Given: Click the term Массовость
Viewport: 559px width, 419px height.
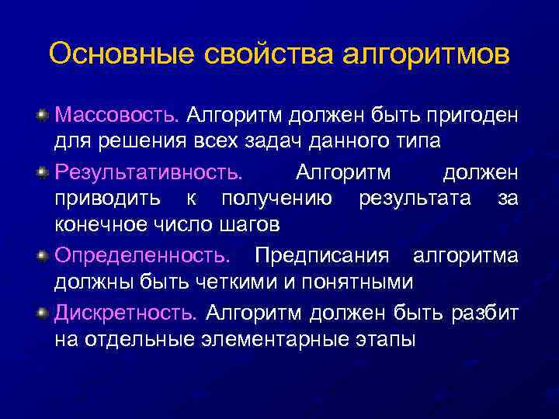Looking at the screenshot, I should tap(116, 116).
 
